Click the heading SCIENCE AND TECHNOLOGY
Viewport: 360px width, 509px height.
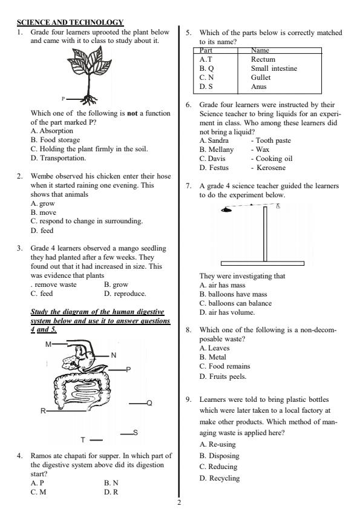(x=70, y=22)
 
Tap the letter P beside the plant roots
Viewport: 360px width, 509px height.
(x=63, y=98)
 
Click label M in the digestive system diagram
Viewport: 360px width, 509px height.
(x=48, y=344)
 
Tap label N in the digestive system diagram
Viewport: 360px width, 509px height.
(x=113, y=355)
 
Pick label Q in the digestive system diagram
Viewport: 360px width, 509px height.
(x=149, y=403)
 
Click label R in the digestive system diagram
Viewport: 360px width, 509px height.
(x=43, y=412)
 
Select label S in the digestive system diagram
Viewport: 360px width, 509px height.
(x=136, y=432)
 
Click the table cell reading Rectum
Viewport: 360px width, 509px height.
(x=263, y=59)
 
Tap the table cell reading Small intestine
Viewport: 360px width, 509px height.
(x=273, y=68)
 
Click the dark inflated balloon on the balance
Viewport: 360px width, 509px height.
(x=226, y=210)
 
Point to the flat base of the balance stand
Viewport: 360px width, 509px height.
(x=262, y=264)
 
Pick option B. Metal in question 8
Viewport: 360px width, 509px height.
(x=212, y=357)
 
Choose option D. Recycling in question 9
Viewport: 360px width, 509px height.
(x=219, y=478)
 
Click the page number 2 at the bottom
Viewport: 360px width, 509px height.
(x=180, y=501)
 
